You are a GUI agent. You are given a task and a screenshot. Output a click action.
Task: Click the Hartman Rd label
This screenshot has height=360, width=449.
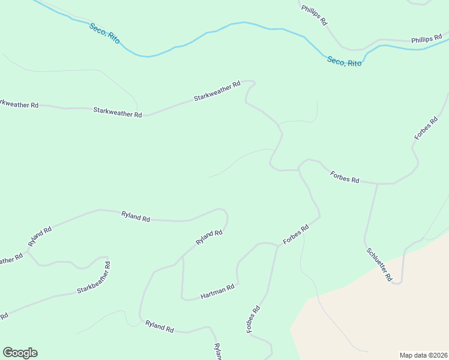point(217,292)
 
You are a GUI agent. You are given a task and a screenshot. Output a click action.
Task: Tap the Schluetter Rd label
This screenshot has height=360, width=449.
point(379,265)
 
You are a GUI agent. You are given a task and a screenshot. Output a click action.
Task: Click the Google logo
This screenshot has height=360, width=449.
point(20,353)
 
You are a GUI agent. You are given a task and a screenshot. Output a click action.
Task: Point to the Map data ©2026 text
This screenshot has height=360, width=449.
point(423,355)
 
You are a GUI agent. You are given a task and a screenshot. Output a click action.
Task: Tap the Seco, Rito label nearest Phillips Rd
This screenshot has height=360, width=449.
point(345,61)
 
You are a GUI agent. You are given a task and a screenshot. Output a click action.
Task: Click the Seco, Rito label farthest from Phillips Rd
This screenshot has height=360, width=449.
point(104,33)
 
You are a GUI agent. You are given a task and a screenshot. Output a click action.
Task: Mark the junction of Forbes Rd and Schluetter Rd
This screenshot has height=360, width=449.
point(378,184)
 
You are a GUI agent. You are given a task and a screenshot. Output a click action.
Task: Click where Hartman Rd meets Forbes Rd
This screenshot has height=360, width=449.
point(278,245)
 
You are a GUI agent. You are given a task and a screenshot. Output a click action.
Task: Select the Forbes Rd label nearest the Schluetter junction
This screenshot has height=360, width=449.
point(345,176)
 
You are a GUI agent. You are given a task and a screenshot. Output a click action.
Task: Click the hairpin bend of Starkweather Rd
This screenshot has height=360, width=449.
point(252,82)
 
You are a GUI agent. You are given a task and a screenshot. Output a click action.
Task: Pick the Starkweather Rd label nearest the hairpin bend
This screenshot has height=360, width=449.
point(217,91)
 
